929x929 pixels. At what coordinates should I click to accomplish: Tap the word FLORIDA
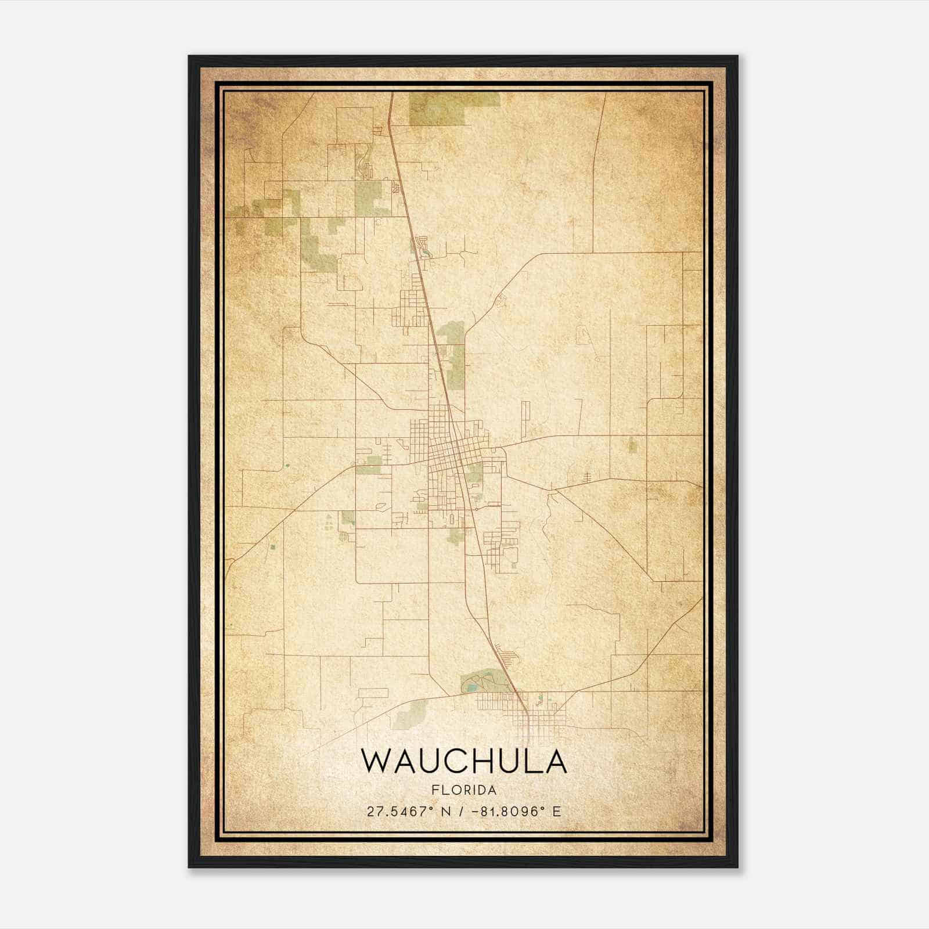464,790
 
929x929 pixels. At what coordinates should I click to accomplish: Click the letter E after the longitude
557,812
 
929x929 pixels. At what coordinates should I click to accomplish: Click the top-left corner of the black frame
189,56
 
